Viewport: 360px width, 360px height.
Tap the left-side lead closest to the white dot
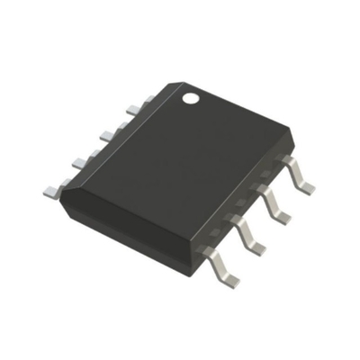[x=133, y=109]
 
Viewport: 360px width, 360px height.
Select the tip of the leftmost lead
[x=47, y=191]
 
